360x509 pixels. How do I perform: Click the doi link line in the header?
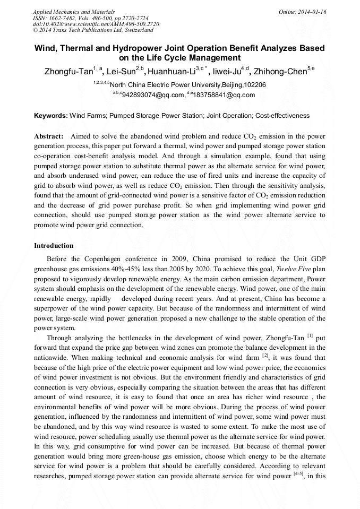click(96, 24)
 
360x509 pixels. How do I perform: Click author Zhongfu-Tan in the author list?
click(68, 72)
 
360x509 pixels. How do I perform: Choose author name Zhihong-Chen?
click(280, 72)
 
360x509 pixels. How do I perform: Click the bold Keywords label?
click(51, 115)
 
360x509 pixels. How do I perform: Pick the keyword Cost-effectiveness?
click(282, 115)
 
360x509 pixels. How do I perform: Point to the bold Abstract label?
click(49, 136)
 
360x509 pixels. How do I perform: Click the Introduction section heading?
click(54, 246)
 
